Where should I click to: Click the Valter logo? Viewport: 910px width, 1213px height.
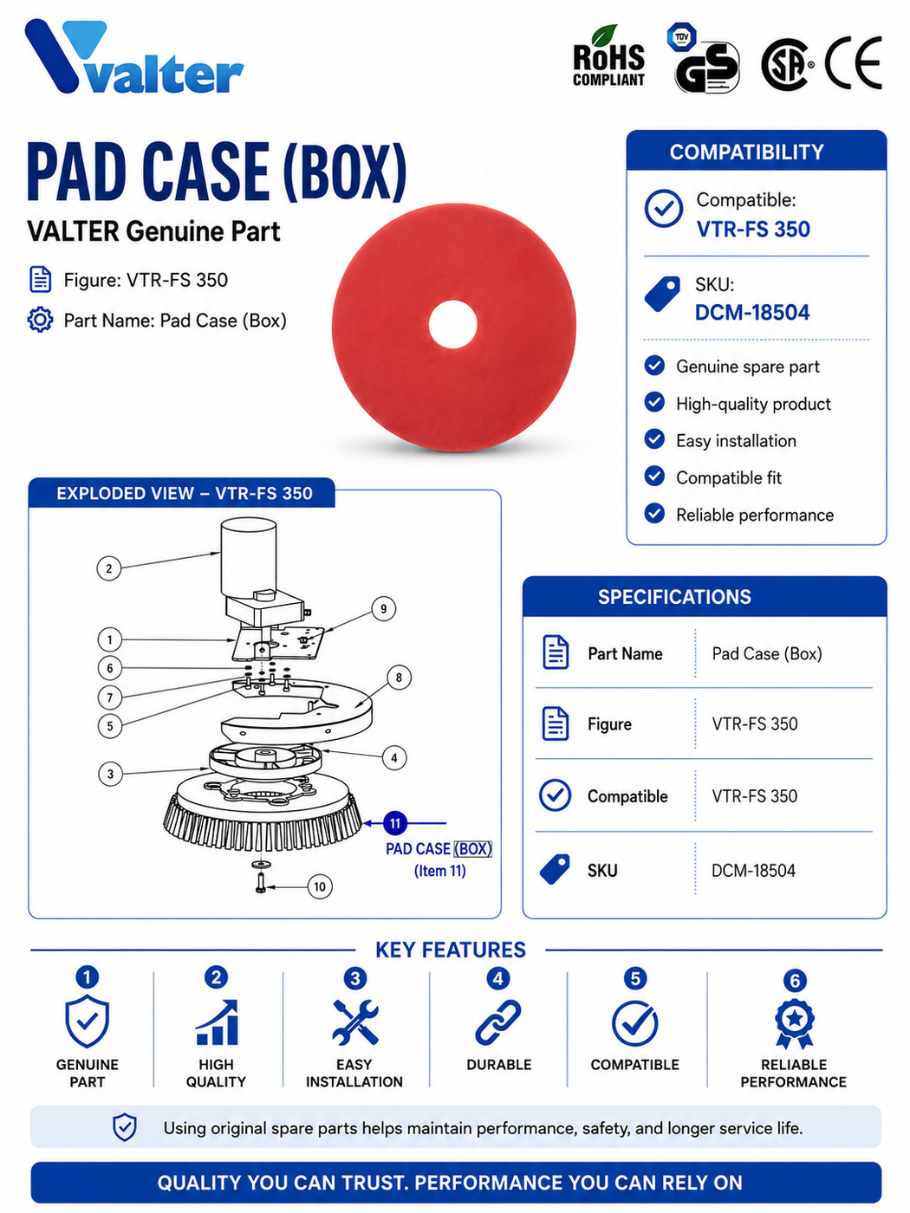[x=134, y=57]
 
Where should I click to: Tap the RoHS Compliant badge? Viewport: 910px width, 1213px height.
[x=609, y=57]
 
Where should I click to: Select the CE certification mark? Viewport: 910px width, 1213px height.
[x=853, y=62]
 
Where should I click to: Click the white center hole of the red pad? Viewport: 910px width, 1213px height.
[x=452, y=325]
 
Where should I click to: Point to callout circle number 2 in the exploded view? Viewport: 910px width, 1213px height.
[x=109, y=568]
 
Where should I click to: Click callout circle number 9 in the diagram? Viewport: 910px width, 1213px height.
[x=383, y=609]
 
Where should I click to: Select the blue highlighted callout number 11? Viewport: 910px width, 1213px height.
[x=394, y=823]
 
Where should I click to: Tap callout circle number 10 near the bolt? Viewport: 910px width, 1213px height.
[x=320, y=887]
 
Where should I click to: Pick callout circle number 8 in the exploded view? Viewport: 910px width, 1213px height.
[x=399, y=678]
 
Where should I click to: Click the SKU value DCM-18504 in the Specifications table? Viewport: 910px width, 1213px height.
[x=753, y=871]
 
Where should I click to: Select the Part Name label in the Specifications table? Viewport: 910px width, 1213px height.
[x=625, y=654]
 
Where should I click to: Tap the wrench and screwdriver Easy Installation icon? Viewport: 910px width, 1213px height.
[x=354, y=1022]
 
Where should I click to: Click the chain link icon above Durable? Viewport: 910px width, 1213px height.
[x=498, y=1022]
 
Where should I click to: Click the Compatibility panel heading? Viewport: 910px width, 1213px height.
[x=746, y=152]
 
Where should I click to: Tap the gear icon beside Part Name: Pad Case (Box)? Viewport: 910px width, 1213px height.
[x=41, y=320]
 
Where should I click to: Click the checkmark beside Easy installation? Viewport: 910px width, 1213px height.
[x=654, y=439]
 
